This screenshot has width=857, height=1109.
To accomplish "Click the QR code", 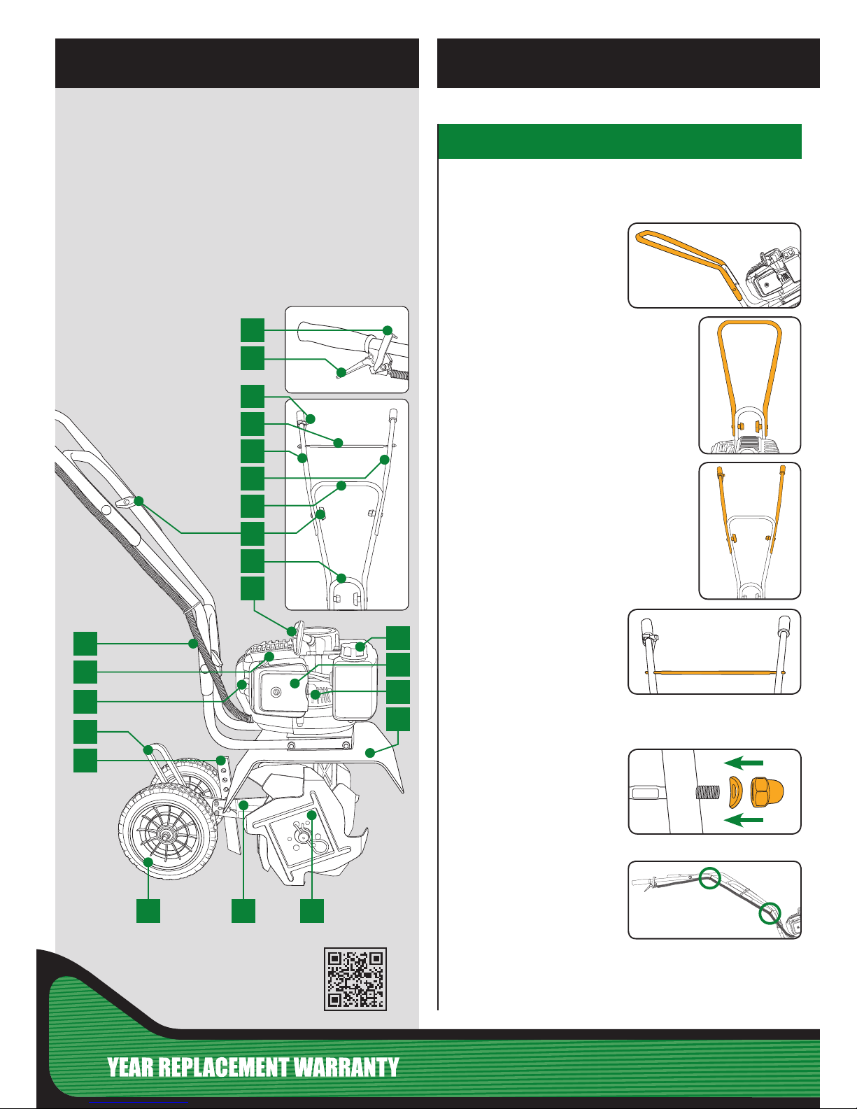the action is (x=355, y=979).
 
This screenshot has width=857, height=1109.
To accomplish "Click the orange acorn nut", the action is (x=767, y=791).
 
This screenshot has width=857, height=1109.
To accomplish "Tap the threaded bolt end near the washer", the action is (x=708, y=792).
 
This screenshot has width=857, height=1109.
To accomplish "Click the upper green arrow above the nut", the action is (x=744, y=763).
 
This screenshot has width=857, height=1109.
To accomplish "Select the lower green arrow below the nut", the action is (x=744, y=820).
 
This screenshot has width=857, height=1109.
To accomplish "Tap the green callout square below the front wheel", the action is (x=148, y=910).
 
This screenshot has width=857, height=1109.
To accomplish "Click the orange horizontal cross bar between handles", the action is (x=714, y=672).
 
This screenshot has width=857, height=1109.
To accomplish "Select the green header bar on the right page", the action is (x=620, y=141).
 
